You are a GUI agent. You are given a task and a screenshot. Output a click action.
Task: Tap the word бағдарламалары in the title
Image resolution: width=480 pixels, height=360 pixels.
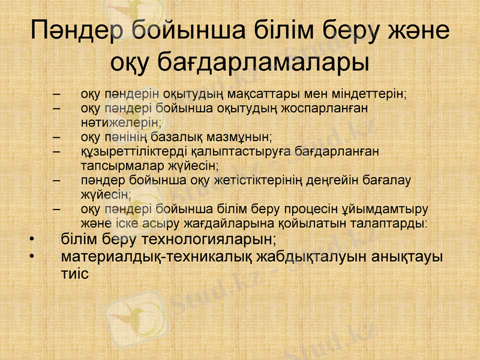click(x=263, y=61)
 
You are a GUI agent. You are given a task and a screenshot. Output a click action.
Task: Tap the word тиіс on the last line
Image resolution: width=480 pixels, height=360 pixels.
click(x=74, y=274)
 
